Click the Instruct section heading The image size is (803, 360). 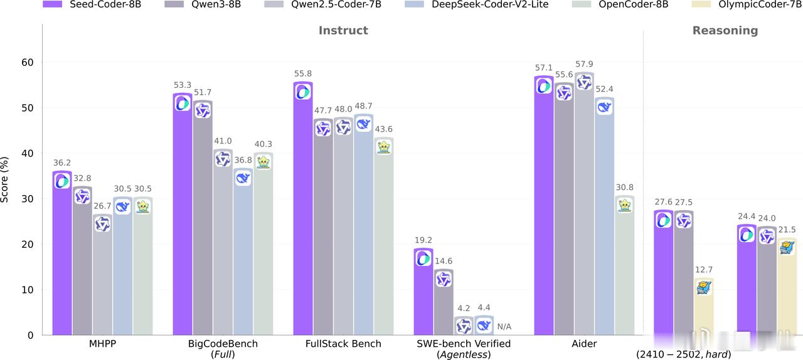tap(343, 30)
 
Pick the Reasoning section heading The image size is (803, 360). tap(725, 30)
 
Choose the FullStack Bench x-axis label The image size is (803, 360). tap(343, 344)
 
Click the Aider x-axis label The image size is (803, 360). tap(584, 344)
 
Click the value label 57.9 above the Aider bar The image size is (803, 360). tap(584, 65)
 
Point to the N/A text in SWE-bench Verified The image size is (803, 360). tap(504, 327)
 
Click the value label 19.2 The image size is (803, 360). tap(423, 240)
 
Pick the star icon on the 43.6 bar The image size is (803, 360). tap(383, 147)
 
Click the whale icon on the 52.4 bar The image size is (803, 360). tap(604, 107)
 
